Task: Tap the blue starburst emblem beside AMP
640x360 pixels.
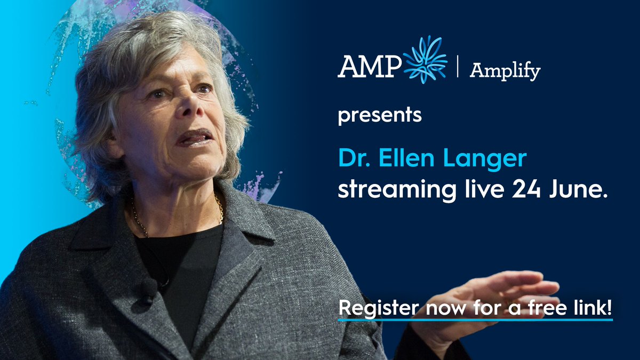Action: tap(425, 60)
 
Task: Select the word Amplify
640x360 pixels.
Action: tap(505, 70)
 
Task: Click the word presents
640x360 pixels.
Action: tap(380, 115)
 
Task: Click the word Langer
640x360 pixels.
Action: tap(480, 158)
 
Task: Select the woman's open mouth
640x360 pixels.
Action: tap(194, 138)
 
